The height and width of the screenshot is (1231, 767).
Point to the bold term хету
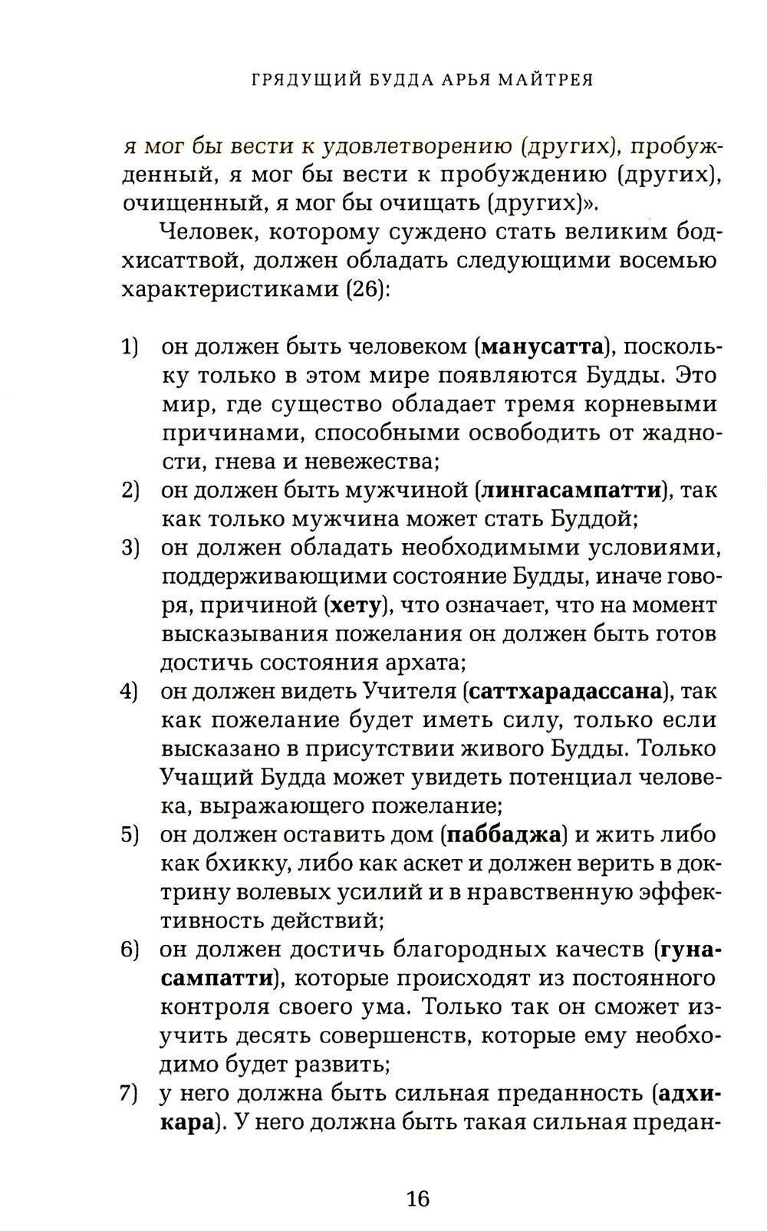[354, 605]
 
